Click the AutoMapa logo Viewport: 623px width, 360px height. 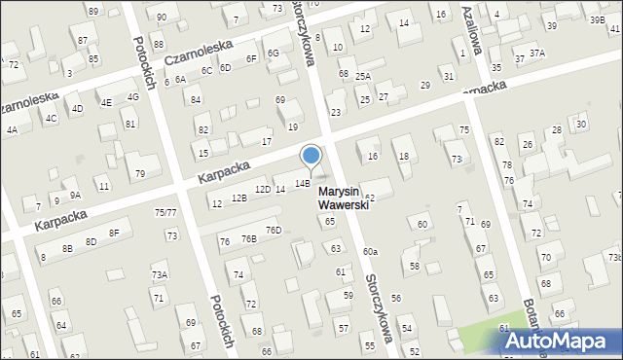(x=564, y=341)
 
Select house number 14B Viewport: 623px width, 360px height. (x=303, y=183)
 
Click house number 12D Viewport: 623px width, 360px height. (x=262, y=189)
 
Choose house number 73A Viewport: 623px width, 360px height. (x=159, y=275)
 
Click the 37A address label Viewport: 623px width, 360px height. (x=536, y=53)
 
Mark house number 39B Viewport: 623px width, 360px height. (x=596, y=19)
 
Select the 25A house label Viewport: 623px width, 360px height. (x=362, y=76)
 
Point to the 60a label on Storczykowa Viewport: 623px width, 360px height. (x=370, y=251)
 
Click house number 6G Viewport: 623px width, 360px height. (x=274, y=53)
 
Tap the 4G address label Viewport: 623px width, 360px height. (x=133, y=97)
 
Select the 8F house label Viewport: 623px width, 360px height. (x=114, y=233)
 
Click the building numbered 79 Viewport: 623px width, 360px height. (x=140, y=173)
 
